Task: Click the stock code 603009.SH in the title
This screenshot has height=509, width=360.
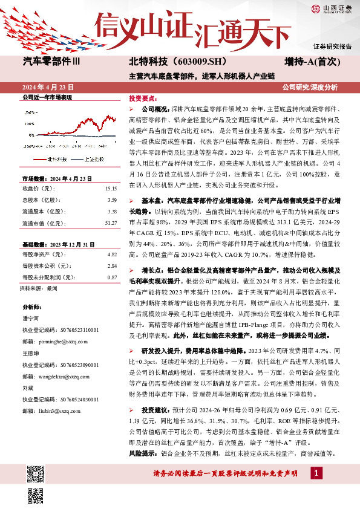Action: click(181, 61)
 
